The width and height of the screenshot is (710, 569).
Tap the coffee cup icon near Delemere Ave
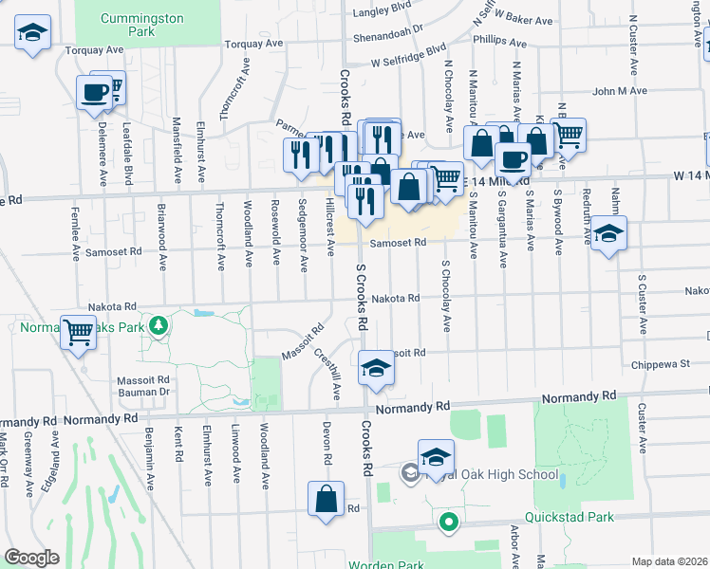tap(95, 92)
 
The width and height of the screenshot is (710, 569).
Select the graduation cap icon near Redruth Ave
tap(609, 233)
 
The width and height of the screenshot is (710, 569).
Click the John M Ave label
tap(620, 91)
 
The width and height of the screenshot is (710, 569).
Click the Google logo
tap(31, 558)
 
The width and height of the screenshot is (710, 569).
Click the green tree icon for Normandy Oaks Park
tap(160, 326)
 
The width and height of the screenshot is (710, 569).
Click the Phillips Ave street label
tap(498, 41)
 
